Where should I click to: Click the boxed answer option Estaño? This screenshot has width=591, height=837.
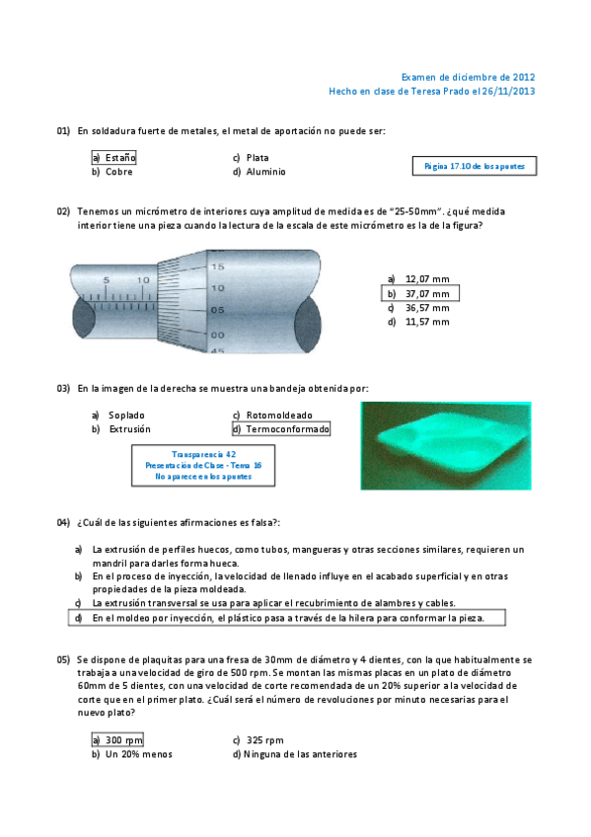pos(113,158)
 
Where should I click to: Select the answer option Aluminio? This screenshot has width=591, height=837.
pos(259,172)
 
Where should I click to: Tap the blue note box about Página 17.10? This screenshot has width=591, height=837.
pos(475,166)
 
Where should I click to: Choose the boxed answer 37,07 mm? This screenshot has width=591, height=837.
pos(420,293)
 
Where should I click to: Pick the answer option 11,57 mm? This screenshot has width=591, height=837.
pos(418,322)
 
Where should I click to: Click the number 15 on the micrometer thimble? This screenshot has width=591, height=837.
pos(218,266)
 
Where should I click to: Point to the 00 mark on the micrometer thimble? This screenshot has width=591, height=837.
pos(218,336)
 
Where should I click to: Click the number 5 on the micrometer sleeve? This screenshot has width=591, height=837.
pos(107,280)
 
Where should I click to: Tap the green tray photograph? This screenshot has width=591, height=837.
pos(446,446)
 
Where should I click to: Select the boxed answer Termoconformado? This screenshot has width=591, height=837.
pos(281,428)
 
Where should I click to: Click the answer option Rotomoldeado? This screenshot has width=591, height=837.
pos(272,416)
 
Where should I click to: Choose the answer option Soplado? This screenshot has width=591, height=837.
pos(117,416)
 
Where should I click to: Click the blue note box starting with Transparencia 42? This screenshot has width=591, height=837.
pos(203,466)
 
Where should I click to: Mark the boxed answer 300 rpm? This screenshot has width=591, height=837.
pos(117,740)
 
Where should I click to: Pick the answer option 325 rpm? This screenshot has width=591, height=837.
pos(259,740)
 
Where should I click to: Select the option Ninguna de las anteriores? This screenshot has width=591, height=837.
pos(295,754)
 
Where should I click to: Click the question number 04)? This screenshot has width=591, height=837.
pos(63,522)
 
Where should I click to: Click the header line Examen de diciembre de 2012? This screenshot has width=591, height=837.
pos(468,77)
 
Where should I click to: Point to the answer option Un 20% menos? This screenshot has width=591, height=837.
pos(132,754)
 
